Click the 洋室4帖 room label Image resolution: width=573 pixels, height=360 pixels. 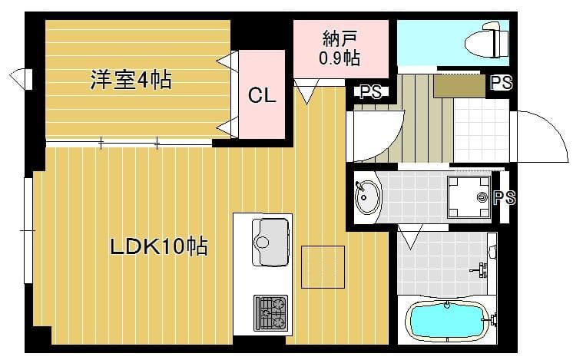(131, 80)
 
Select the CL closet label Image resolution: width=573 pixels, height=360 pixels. (262, 95)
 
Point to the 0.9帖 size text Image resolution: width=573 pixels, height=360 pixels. (339, 57)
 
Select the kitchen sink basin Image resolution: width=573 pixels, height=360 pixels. (271, 233)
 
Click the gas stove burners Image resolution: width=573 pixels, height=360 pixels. (270, 312)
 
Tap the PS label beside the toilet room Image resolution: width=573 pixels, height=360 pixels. (501, 83)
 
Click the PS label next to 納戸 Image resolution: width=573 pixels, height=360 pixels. (370, 92)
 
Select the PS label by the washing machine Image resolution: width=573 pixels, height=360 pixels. (505, 198)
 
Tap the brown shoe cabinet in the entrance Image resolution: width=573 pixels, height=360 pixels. (459, 85)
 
